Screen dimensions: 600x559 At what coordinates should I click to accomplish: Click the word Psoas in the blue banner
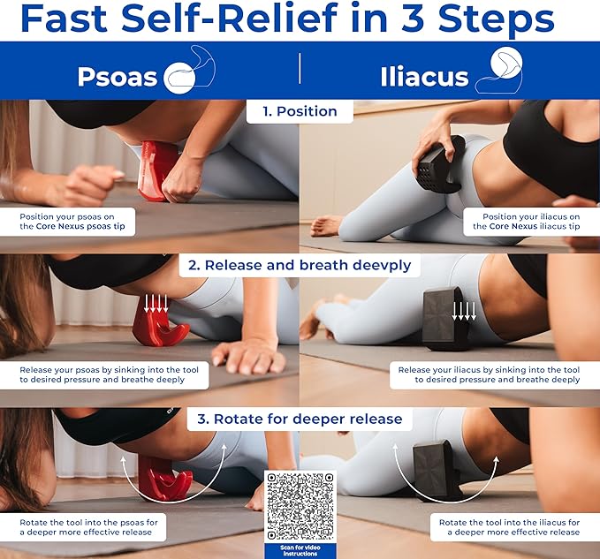pos(118,77)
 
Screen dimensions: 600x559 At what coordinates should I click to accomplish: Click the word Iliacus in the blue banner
pos(424,77)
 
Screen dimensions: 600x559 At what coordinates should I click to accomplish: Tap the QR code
pos(300,506)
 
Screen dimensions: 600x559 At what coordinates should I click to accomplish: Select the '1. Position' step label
pos(300,111)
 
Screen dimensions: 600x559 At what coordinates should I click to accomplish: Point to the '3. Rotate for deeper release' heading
pos(300,419)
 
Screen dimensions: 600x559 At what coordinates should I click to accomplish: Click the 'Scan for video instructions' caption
pos(300,550)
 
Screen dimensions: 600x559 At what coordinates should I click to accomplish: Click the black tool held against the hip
pos(440,164)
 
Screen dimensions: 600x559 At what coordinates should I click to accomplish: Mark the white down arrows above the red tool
pos(156,303)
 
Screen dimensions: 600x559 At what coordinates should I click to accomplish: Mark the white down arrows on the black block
pos(464,311)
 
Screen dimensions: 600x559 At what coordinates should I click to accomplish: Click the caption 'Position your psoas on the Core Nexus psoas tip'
pos(72,222)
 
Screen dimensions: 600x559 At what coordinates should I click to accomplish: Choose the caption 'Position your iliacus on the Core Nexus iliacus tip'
pos(526,222)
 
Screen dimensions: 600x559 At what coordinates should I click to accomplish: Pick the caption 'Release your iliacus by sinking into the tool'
pos(489,370)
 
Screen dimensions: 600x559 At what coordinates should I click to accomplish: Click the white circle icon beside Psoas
pos(179,78)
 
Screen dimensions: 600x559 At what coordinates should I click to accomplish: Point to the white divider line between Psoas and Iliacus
pos(300,69)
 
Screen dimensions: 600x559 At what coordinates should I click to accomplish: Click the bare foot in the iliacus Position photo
pos(325,226)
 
